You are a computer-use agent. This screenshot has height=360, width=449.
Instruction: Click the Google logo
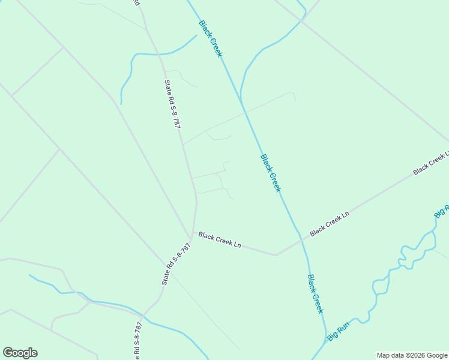(x=20, y=353)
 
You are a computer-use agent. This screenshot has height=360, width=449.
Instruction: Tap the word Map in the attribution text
(x=384, y=355)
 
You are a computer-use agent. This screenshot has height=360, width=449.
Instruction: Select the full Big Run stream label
(x=338, y=332)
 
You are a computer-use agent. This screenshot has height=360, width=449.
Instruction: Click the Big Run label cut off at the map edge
(x=441, y=211)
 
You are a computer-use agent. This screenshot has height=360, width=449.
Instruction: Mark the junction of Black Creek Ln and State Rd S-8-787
(x=192, y=233)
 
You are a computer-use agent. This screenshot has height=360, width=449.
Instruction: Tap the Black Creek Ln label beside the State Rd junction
(x=220, y=240)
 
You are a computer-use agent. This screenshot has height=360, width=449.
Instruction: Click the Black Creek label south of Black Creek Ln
(x=315, y=293)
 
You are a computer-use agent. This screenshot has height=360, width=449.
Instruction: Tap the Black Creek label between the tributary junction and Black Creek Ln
(x=271, y=173)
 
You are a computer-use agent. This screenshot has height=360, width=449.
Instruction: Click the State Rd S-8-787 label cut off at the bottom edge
(x=138, y=341)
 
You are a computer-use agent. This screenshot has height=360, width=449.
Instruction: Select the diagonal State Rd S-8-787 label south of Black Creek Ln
(x=176, y=263)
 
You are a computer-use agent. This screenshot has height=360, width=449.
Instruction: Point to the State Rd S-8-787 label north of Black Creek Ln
(x=172, y=104)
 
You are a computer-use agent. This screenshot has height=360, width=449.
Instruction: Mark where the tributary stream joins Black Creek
(x=244, y=111)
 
